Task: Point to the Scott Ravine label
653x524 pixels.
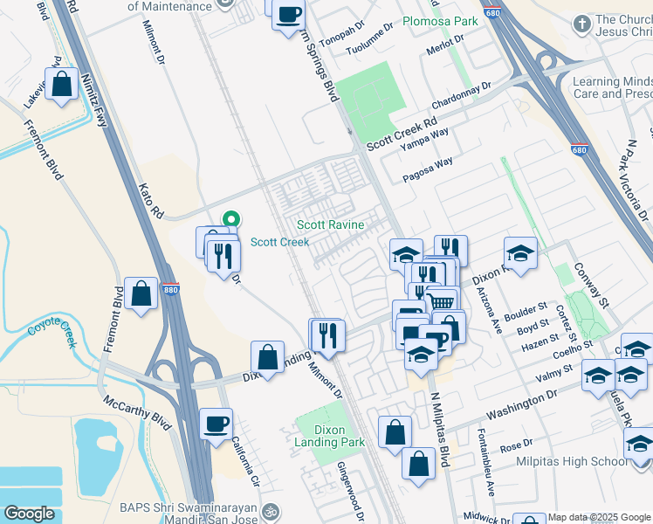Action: point(330,225)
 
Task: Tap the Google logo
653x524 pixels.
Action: point(29,514)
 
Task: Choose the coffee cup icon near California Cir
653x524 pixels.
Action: point(216,424)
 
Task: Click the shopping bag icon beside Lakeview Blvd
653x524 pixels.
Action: point(62,86)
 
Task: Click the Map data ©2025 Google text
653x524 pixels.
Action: point(599,517)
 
